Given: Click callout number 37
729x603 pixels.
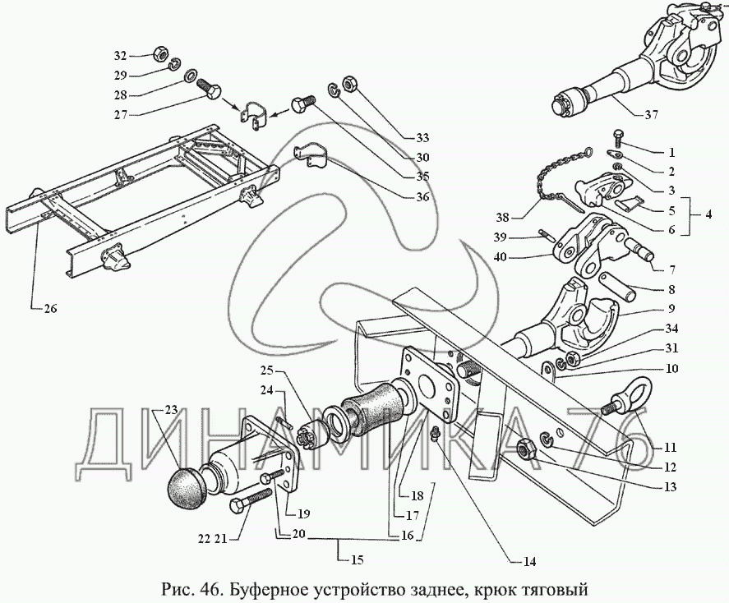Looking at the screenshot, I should coord(651,114).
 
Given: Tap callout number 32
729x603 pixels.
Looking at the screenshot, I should coord(121,56).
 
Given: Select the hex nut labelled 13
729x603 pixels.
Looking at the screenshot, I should coord(526,448).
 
